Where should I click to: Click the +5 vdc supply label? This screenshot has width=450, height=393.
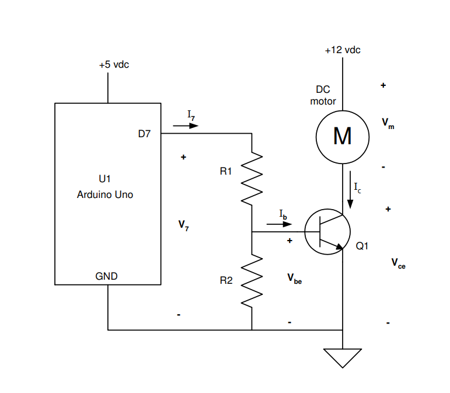click(114, 64)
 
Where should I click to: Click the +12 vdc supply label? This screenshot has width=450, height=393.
click(343, 50)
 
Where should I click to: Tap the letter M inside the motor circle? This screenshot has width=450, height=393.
click(342, 137)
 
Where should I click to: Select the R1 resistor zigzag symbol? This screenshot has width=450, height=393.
click(252, 178)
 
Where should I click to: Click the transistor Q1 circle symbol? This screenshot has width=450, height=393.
click(327, 231)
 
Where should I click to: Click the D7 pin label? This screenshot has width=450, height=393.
click(144, 134)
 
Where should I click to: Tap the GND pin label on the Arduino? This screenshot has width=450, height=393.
click(106, 276)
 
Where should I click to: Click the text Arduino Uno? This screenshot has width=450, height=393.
click(105, 194)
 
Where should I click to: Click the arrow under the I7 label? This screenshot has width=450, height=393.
click(186, 126)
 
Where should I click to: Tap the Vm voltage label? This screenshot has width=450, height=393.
click(388, 123)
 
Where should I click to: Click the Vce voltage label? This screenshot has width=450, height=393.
click(398, 264)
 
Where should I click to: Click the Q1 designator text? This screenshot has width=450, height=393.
click(362, 246)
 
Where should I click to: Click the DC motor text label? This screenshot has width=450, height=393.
click(323, 95)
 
